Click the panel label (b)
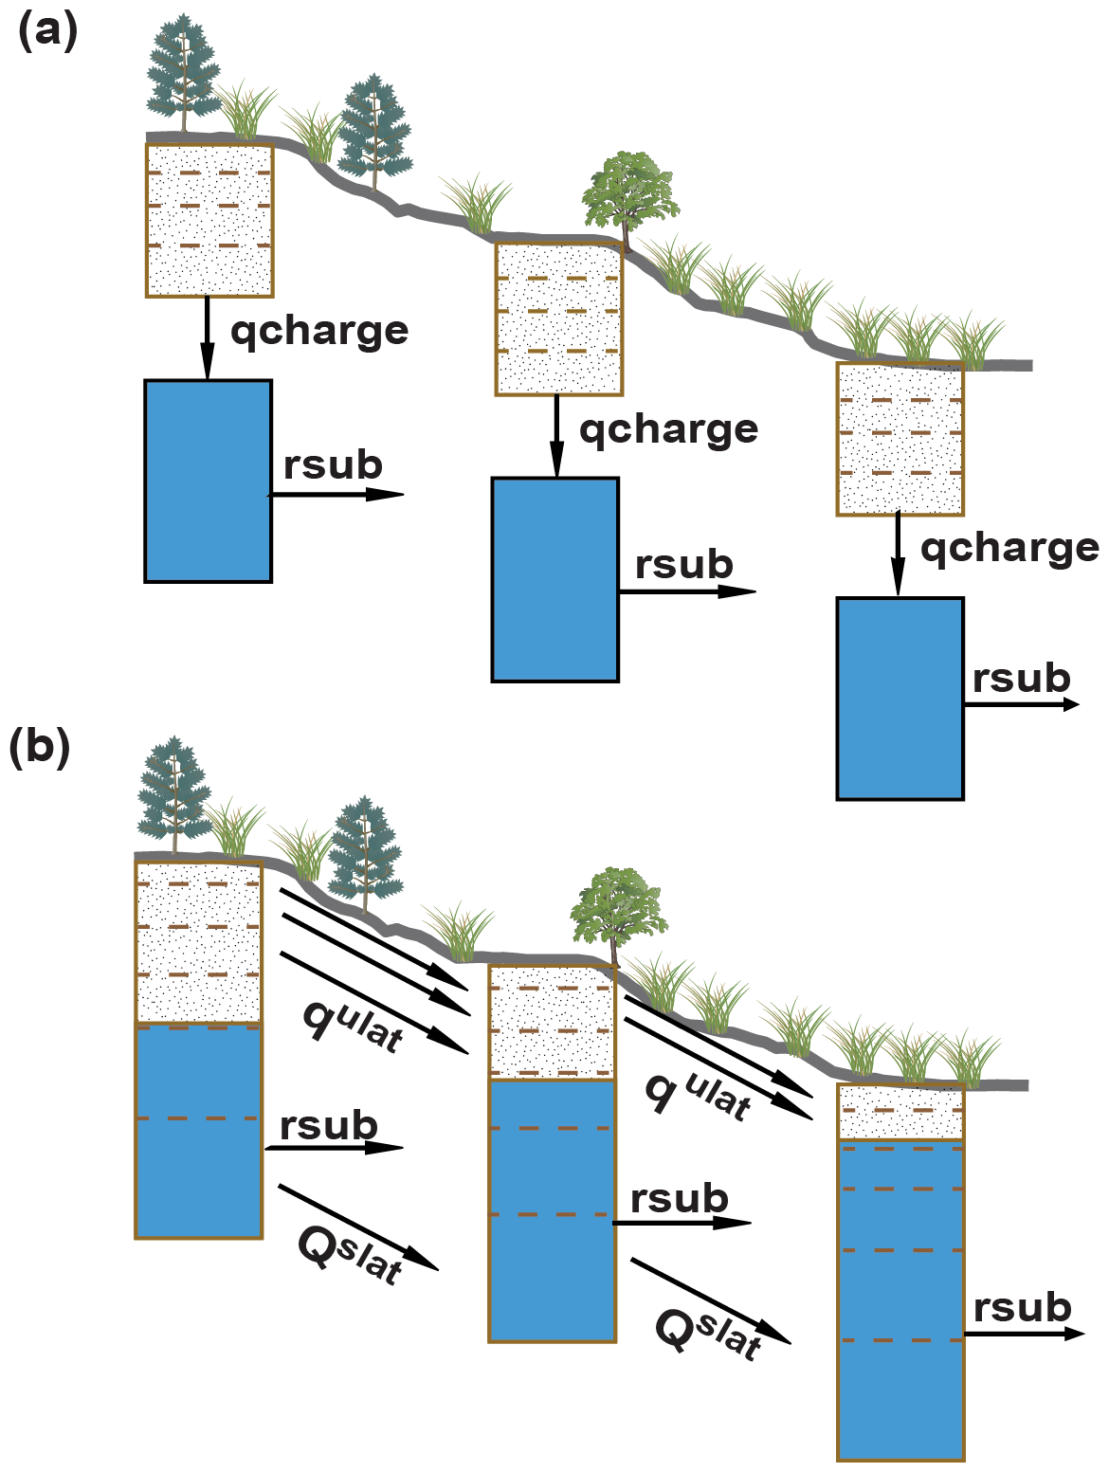click(x=40, y=748)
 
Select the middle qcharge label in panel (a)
click(x=668, y=430)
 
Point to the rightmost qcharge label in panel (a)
click(x=1009, y=549)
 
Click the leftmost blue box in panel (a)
click(x=209, y=481)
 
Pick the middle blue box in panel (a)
click(x=555, y=579)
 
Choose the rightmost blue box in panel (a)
click(x=900, y=699)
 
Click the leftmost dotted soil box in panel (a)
click(x=209, y=220)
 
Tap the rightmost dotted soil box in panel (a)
click(x=900, y=439)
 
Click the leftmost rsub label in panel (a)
click(x=333, y=465)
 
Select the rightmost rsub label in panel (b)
click(x=1022, y=1308)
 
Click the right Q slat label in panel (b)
click(x=708, y=1332)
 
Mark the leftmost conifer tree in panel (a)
click(x=184, y=72)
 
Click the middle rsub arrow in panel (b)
click(x=682, y=1223)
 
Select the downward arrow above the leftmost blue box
click(x=207, y=337)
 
